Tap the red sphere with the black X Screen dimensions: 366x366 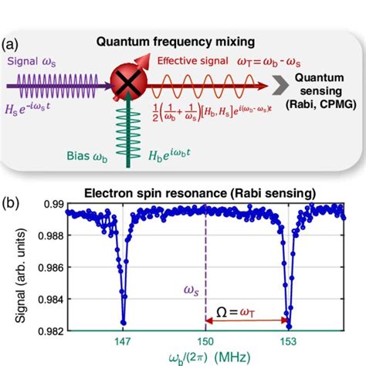click(124, 81)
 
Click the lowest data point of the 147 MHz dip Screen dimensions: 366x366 click(123, 322)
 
